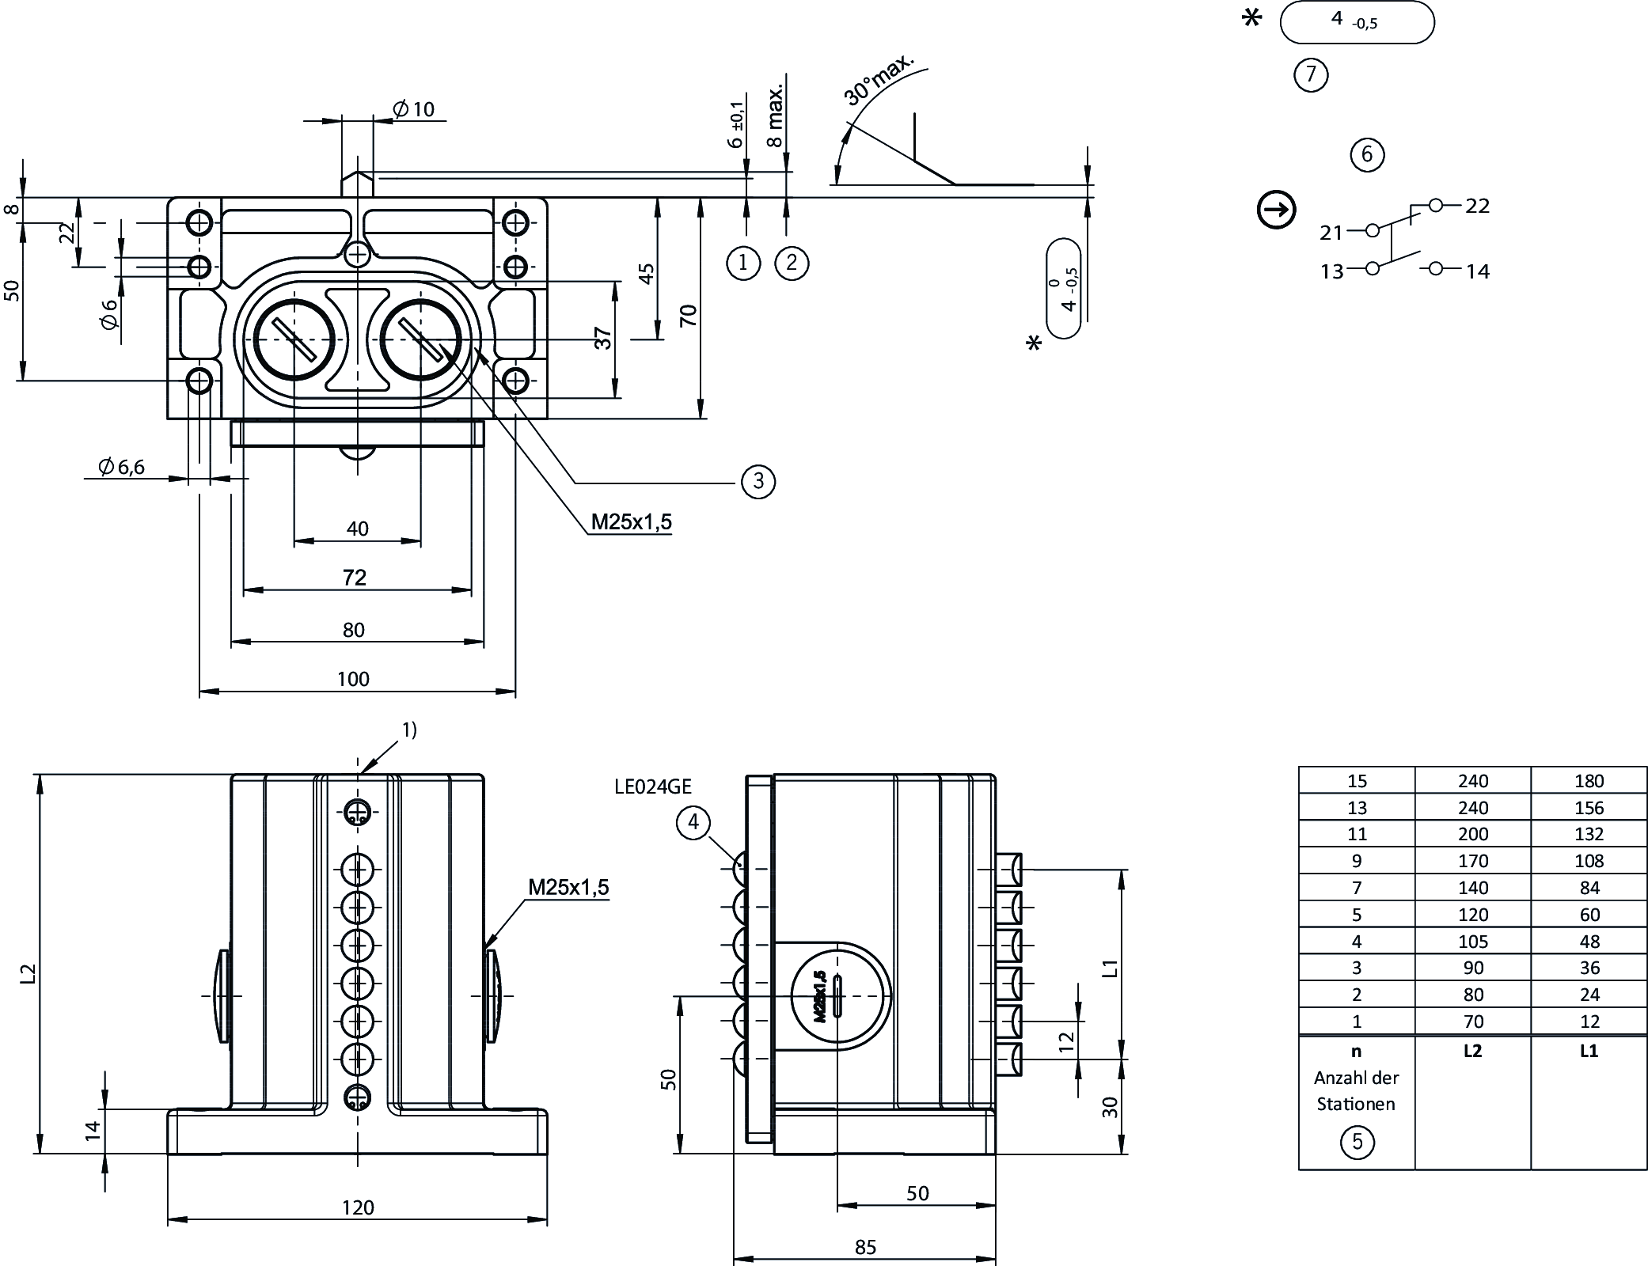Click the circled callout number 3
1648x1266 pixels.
tap(758, 481)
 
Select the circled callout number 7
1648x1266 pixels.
tap(1311, 74)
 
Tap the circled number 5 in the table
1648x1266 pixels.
tap(1357, 1142)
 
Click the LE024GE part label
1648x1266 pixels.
tap(653, 787)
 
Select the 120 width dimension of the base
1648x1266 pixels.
tap(358, 1207)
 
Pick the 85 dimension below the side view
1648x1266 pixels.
tap(865, 1247)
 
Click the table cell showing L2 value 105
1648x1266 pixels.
tap(1472, 942)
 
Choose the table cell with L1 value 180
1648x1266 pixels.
tap(1589, 781)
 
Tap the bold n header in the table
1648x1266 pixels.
tap(1357, 1051)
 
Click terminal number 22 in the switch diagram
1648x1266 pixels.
tap(1477, 206)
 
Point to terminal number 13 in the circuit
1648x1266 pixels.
tap(1332, 271)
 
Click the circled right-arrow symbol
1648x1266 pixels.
tap(1276, 211)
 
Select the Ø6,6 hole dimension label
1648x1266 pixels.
tap(122, 468)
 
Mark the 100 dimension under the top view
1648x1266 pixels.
tap(353, 679)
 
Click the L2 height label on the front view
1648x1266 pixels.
tap(28, 972)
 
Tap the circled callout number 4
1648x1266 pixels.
tap(693, 823)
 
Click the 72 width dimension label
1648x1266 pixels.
tap(355, 578)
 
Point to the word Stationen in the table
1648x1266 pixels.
tap(1356, 1104)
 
